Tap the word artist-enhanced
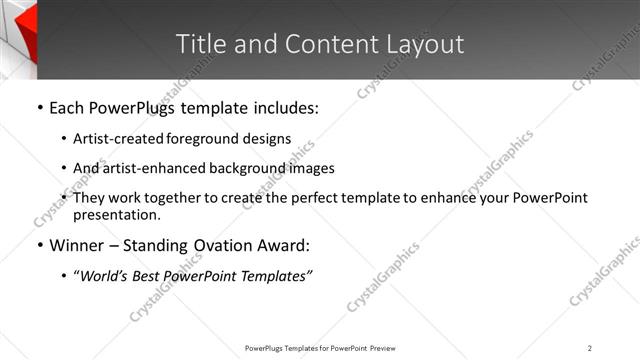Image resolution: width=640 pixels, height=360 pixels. coord(146,169)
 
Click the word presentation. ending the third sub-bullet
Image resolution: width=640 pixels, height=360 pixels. coord(116,215)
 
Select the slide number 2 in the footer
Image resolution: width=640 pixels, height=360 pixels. coord(589,348)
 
